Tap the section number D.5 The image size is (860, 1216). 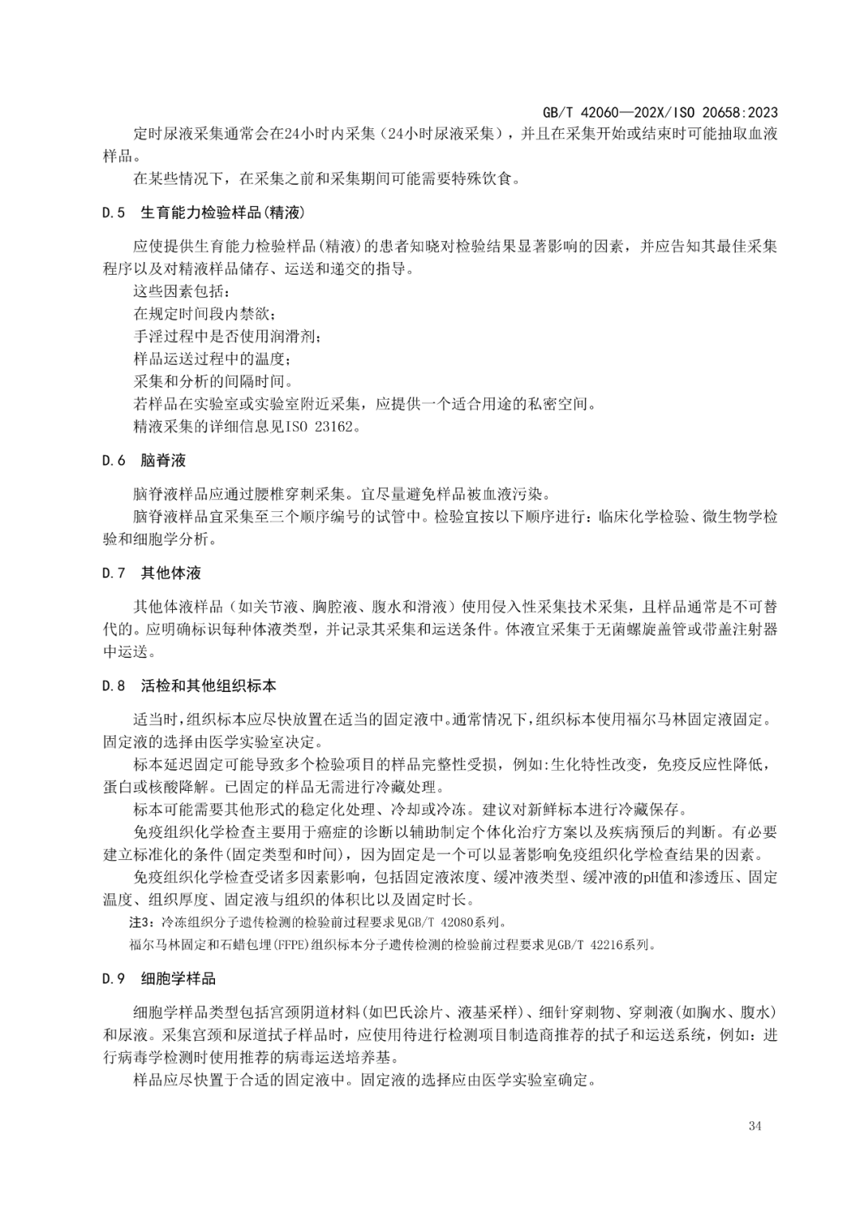point(114,213)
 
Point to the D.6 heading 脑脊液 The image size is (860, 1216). point(163,460)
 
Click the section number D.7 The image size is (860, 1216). point(114,573)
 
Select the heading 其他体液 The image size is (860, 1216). point(170,573)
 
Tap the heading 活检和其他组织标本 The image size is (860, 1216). point(209,686)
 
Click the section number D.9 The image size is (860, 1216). point(114,979)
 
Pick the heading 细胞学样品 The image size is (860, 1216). point(178,979)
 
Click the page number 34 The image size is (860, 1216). point(755,1126)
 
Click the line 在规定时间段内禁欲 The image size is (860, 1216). point(205,314)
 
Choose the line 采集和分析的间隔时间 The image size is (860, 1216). point(213,381)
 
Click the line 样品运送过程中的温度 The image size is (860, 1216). point(213,359)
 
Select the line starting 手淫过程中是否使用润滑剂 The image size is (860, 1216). point(228,336)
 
